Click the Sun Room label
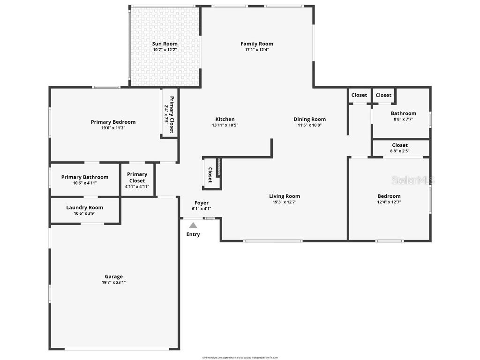165,44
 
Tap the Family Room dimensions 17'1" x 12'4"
256,50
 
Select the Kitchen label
225,119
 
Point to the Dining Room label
309,119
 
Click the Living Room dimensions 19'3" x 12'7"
284,202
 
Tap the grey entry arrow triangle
193,225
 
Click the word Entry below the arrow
193,234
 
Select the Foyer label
202,203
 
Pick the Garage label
113,277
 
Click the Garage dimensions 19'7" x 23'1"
113,282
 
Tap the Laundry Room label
84,208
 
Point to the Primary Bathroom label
85,177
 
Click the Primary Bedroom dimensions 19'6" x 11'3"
113,127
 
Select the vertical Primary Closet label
172,115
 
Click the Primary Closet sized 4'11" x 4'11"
137,180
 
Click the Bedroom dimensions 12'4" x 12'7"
389,202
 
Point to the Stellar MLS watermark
413,180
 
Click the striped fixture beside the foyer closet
218,168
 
